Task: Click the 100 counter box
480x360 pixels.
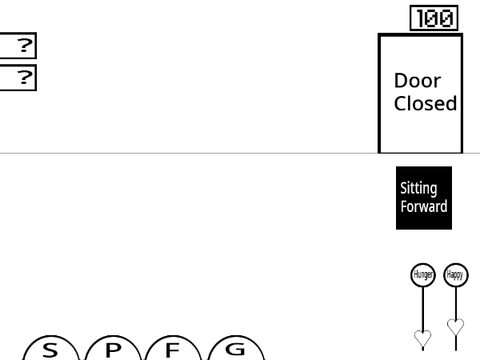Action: coord(434,18)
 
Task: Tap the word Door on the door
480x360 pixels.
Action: coord(417,81)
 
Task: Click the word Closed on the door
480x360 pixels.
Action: coord(425,103)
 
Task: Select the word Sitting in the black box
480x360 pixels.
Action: coord(419,189)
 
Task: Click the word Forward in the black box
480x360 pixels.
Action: coord(424,206)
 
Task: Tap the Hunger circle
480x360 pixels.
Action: coord(423,275)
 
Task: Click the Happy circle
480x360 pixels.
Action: coord(456,275)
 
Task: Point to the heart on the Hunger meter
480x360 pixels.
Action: coord(423,338)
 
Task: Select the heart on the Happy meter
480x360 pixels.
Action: coord(456,326)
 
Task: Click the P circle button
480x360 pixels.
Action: coord(113,348)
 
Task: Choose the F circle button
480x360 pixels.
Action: coord(173,348)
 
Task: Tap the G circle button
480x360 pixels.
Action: coord(236,348)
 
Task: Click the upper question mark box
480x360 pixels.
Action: coord(18,46)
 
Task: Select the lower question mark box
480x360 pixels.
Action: coord(18,78)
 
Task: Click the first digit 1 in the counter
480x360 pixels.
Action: coord(421,18)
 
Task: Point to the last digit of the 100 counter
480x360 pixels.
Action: coord(447,18)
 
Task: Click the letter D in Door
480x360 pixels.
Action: coord(400,81)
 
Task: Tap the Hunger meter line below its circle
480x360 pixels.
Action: coord(423,308)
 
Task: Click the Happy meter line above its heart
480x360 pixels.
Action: coord(456,303)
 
